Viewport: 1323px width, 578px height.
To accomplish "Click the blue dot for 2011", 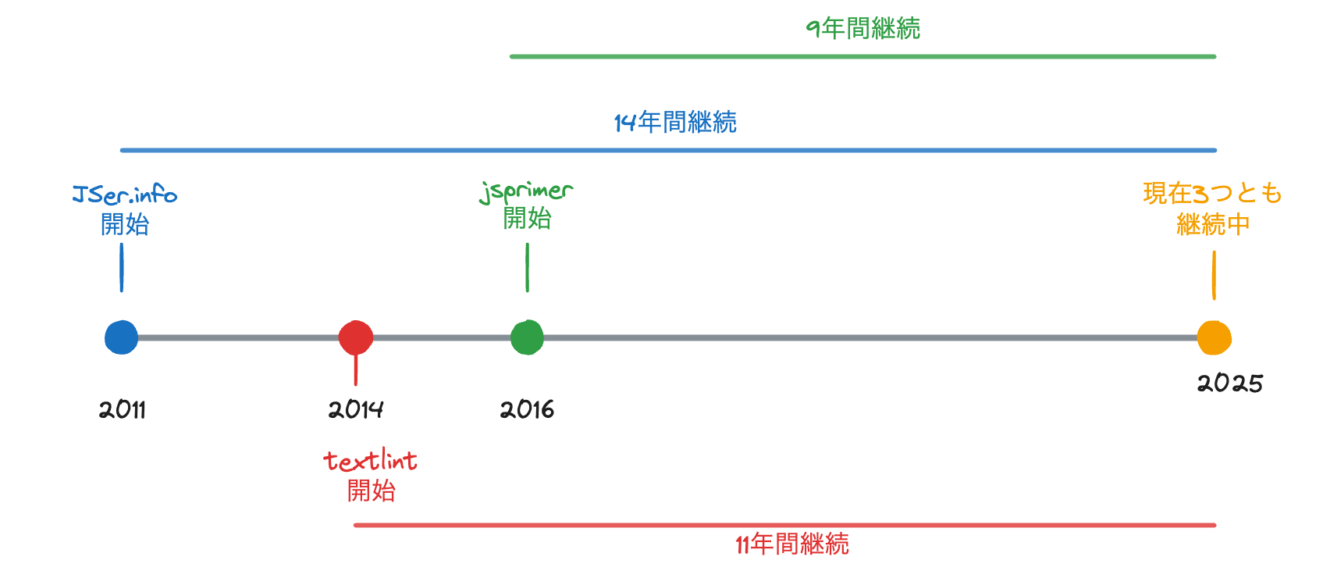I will tap(122, 337).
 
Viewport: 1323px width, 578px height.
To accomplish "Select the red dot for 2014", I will tap(356, 337).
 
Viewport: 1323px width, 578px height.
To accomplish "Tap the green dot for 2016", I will tap(527, 337).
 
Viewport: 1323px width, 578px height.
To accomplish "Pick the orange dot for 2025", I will tap(1214, 337).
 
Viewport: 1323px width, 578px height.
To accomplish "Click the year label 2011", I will tap(123, 409).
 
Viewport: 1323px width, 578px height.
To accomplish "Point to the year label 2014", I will tap(356, 409).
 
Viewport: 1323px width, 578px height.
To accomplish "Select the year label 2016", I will tap(527, 409).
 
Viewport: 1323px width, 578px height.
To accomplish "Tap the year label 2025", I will tap(1230, 383).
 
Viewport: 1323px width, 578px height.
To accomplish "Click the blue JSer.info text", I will tap(125, 194).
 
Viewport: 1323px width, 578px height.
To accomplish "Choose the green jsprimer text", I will tap(527, 191).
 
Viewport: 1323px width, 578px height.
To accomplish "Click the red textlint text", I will tap(371, 461).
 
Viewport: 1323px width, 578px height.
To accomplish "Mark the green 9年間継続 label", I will tap(863, 29).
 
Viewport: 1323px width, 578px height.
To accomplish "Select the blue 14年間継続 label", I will tap(675, 123).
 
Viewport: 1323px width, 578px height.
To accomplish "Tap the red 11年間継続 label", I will tap(792, 544).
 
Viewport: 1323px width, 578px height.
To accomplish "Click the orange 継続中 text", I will tap(1213, 225).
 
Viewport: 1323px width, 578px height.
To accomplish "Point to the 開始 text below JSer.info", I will tap(125, 225).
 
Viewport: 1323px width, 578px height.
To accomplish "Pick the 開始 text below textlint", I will tap(371, 491).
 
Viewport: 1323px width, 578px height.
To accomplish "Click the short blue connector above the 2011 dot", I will tap(122, 268).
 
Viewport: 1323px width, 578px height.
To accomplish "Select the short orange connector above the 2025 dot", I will tap(1214, 275).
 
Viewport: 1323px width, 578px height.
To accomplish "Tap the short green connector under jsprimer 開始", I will tap(528, 268).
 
